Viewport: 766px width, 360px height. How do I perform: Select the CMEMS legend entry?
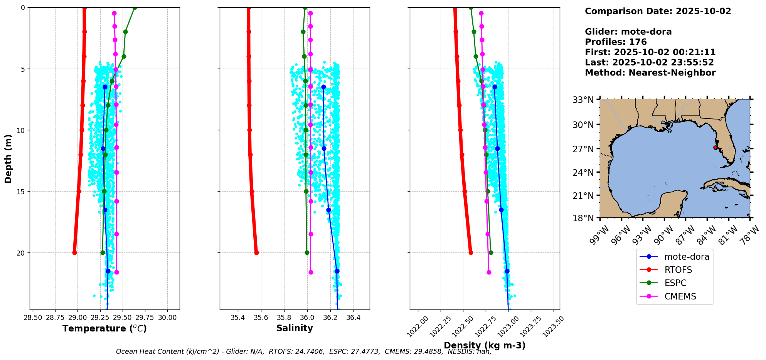680,296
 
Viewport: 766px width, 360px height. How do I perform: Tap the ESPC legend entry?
675,283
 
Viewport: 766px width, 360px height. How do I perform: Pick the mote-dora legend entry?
686,257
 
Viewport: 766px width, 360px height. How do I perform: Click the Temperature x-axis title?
104,328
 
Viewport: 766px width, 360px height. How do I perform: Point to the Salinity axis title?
295,328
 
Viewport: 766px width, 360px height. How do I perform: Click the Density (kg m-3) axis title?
485,345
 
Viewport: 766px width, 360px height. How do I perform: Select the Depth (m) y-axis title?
8,158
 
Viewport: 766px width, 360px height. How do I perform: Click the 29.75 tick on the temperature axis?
150,318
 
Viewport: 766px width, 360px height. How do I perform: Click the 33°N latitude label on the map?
583,100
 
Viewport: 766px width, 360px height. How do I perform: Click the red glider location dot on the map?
715,148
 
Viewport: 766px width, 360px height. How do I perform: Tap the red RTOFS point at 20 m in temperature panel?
74,252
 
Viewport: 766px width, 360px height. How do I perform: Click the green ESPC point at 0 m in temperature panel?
135,8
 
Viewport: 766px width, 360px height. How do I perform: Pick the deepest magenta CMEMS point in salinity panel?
311,272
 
